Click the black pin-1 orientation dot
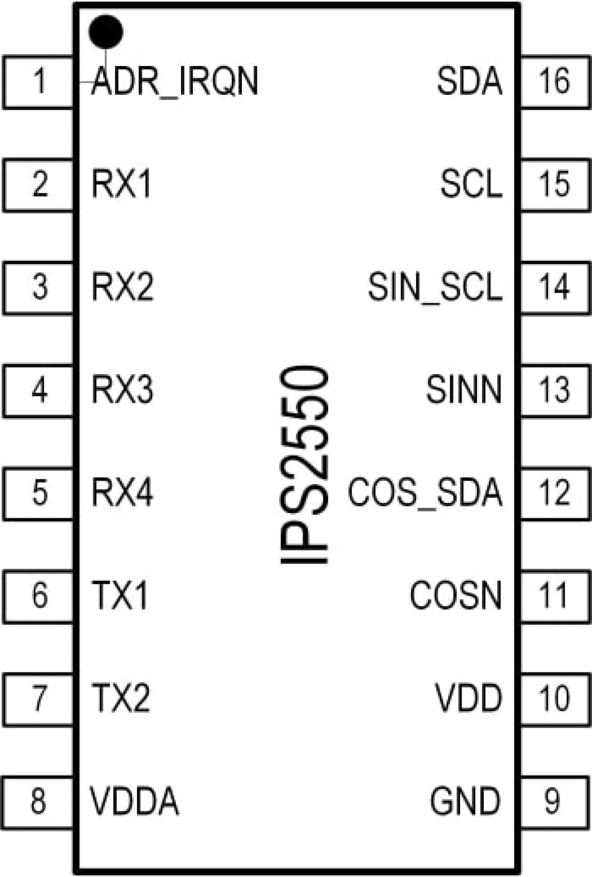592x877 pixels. click(106, 32)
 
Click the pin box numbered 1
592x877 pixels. click(39, 82)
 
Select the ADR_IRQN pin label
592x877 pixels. click(175, 82)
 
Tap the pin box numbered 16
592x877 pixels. click(555, 81)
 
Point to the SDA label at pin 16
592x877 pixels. click(469, 81)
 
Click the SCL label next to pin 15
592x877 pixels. click(471, 184)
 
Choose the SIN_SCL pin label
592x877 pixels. click(435, 287)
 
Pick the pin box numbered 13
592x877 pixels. click(555, 390)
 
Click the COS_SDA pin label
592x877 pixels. click(425, 492)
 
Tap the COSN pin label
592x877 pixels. click(456, 595)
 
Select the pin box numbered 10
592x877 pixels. click(555, 698)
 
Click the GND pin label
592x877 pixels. click(465, 801)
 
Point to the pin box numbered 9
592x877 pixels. click(555, 801)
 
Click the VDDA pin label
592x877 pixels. click(134, 801)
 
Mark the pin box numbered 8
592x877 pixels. click(39, 801)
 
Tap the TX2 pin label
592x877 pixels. click(121, 698)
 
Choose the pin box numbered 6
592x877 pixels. click(39, 595)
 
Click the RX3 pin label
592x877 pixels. click(122, 390)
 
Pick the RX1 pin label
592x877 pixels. click(122, 184)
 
